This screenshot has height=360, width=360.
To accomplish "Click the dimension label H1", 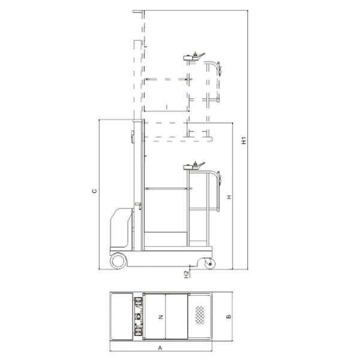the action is [244, 140].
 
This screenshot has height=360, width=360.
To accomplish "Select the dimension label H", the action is [229, 197].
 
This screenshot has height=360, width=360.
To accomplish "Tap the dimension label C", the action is [94, 191].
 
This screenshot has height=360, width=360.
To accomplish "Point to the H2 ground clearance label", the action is [187, 274].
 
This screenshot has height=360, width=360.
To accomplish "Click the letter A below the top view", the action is [160, 348].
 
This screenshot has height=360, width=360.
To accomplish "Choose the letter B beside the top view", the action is [229, 316].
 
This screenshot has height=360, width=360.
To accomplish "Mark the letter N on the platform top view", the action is [161, 317].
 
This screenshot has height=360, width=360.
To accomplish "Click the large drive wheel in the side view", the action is [118, 261].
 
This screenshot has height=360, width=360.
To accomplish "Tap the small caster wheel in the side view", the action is [210, 264].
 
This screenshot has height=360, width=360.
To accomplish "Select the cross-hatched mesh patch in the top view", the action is [200, 315].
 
